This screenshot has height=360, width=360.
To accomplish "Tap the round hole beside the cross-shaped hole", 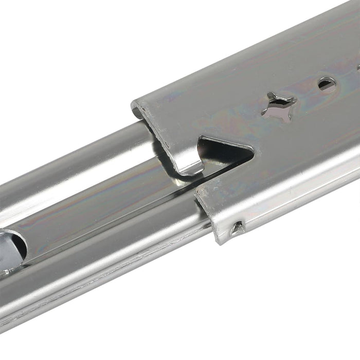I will (x=327, y=83).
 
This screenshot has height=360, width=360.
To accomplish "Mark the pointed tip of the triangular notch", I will (x=252, y=151).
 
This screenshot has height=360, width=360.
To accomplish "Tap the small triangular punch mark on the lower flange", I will (x=237, y=228).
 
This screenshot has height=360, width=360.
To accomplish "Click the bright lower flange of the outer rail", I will (x=298, y=201).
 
